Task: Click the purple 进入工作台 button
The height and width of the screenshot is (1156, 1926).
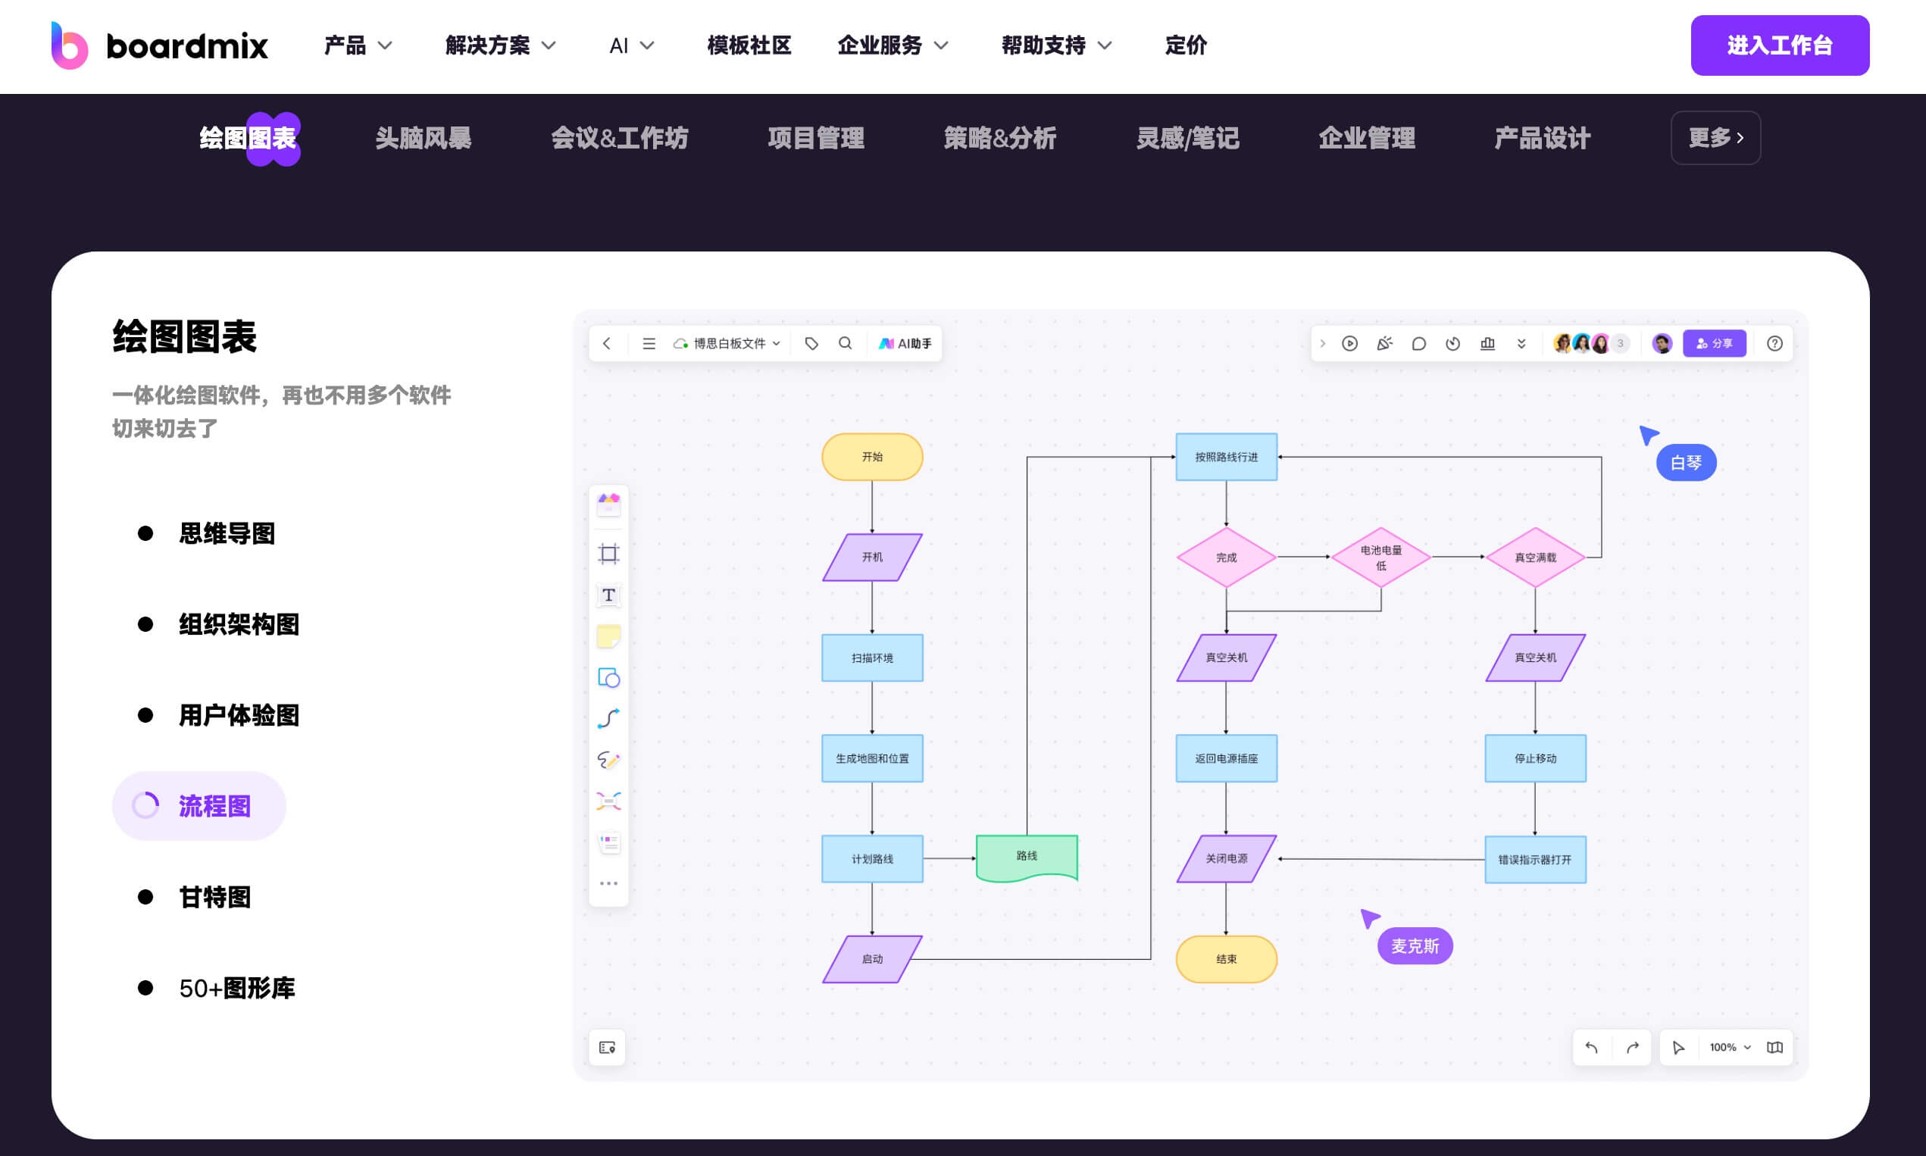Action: tap(1779, 45)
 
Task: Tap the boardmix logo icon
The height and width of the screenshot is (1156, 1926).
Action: tap(70, 45)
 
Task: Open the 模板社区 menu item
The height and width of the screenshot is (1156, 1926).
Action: tap(749, 45)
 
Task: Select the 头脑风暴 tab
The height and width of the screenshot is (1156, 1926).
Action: tap(423, 138)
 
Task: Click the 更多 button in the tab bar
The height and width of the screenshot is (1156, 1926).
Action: tap(1715, 138)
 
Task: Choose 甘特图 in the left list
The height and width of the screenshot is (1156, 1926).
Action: tap(214, 897)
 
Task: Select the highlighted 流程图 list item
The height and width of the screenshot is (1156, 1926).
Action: tap(199, 805)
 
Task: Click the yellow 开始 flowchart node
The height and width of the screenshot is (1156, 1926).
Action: tap(872, 457)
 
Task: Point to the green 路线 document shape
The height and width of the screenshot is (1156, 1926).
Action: tap(1026, 857)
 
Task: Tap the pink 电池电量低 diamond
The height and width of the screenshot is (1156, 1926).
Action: tap(1380, 557)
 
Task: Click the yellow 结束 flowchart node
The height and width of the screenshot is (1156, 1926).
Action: tap(1226, 959)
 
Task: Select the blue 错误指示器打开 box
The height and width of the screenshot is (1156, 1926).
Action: tap(1535, 859)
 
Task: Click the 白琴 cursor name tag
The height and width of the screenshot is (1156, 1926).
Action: tap(1686, 463)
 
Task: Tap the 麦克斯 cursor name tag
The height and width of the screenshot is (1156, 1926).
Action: tap(1414, 945)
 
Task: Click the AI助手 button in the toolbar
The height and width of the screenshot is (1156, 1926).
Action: tap(905, 343)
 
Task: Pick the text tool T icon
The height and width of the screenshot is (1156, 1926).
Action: tap(608, 595)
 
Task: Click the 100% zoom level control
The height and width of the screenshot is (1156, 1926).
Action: tap(1729, 1047)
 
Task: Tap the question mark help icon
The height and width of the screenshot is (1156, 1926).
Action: tap(1774, 343)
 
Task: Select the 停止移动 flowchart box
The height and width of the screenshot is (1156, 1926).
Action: tap(1535, 758)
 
